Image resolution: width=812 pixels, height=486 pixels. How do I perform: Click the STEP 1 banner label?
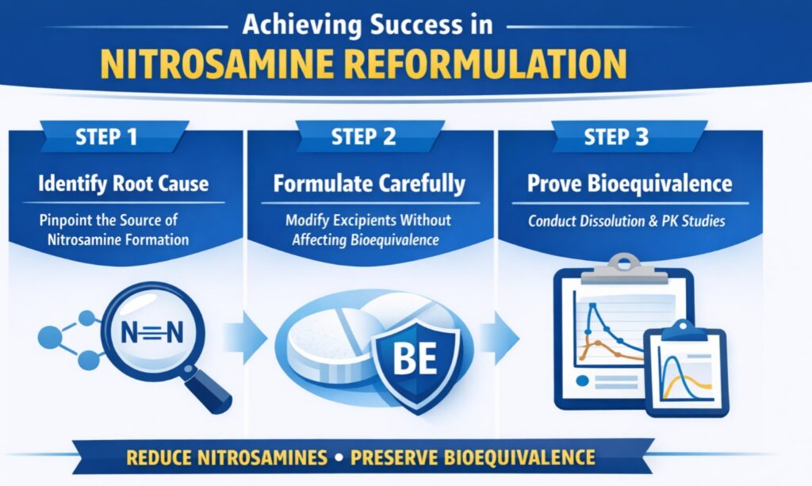(x=110, y=137)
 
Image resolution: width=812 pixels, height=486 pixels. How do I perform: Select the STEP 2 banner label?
(x=364, y=137)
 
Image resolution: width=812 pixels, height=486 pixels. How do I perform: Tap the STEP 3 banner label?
(x=616, y=137)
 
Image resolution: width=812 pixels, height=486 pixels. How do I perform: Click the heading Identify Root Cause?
(x=124, y=185)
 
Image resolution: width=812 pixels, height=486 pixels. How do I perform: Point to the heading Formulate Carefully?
(x=369, y=185)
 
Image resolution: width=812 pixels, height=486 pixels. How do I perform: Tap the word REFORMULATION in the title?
(x=496, y=62)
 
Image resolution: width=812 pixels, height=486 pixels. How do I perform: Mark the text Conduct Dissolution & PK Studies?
(x=626, y=222)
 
